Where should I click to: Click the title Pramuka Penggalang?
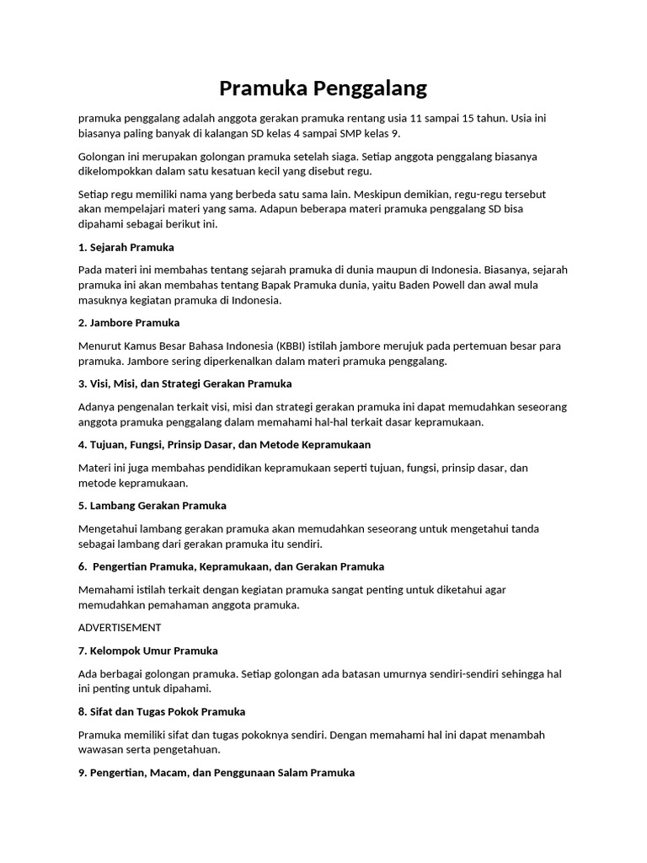323,88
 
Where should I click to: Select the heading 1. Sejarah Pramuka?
126,247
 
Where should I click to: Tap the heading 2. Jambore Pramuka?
129,323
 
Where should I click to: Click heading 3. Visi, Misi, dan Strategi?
184,383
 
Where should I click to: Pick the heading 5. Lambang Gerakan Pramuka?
152,506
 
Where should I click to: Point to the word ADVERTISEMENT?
120,627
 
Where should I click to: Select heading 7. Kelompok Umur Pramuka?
147,651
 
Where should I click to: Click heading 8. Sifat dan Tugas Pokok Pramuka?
161,711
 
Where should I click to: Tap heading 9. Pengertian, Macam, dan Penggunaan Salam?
216,772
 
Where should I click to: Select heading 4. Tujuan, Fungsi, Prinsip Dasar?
224,444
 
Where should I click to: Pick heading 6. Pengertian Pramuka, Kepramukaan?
231,566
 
